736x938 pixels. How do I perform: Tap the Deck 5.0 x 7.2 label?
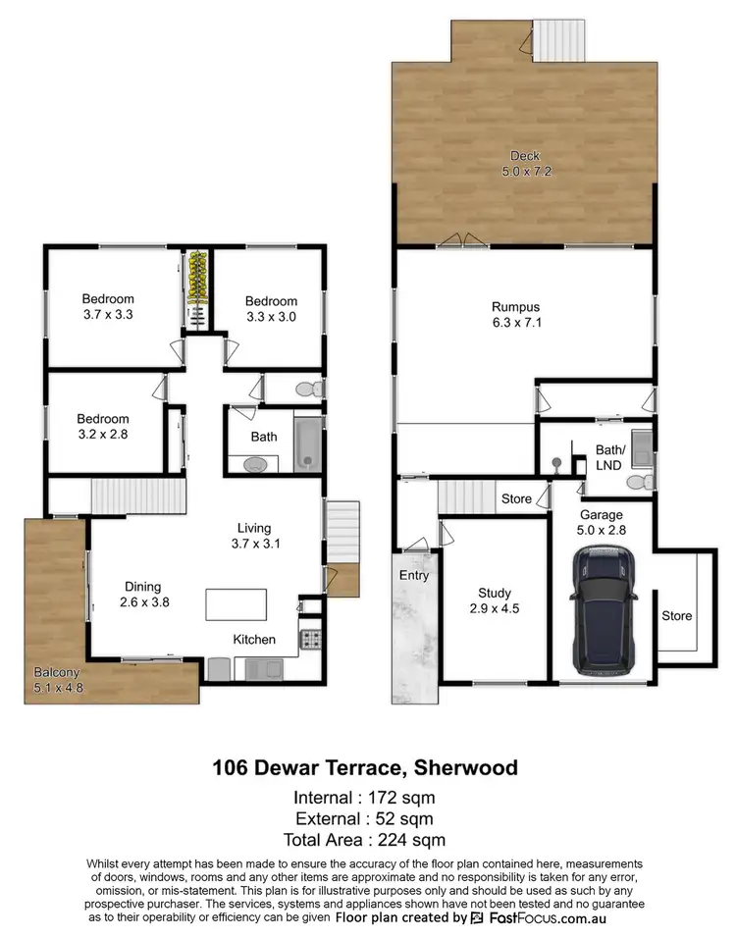[x=525, y=163]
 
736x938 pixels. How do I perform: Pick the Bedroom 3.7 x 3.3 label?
[x=108, y=307]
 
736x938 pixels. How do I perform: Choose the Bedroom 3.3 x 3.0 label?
[x=271, y=308]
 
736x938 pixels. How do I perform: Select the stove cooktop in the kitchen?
[x=311, y=640]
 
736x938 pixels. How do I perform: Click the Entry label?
[x=414, y=575]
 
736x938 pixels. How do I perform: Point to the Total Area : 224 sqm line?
[x=365, y=840]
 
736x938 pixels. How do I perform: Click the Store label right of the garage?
[x=676, y=616]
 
